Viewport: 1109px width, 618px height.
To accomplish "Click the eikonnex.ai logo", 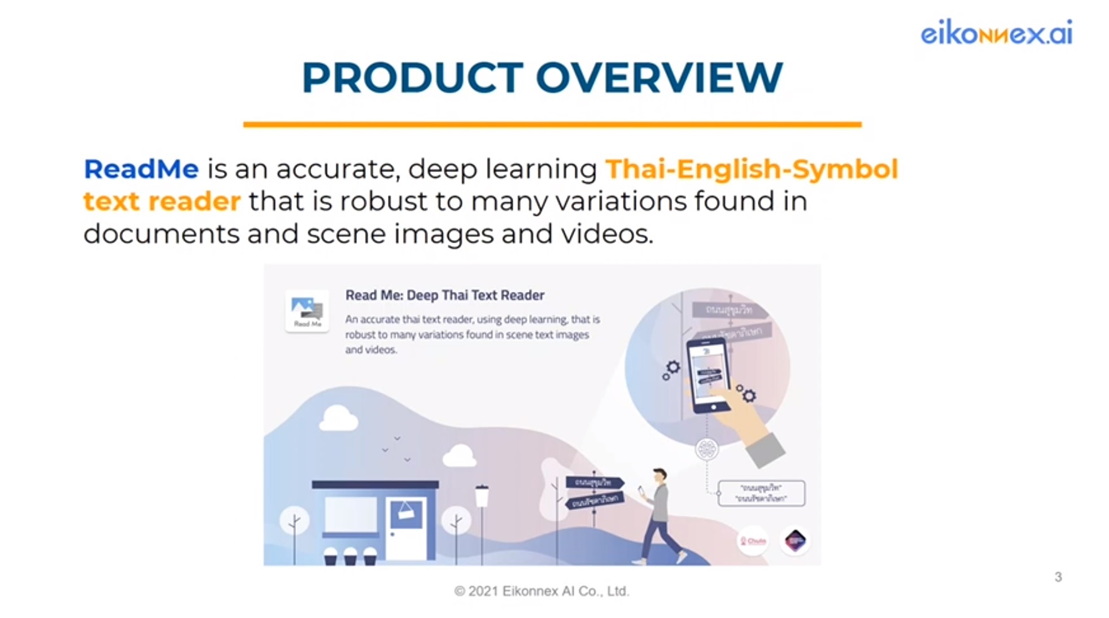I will [996, 33].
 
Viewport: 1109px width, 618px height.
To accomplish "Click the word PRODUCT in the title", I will [413, 78].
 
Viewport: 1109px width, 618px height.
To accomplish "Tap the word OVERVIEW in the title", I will [659, 78].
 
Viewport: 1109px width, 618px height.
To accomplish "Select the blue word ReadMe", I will [141, 169].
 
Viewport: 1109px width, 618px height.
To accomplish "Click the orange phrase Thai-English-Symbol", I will [751, 169].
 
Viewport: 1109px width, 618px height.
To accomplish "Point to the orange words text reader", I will [162, 202].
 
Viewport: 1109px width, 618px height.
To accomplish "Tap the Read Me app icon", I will [307, 311].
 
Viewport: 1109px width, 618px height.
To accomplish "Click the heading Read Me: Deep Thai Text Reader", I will [444, 295].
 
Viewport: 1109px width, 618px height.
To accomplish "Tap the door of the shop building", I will [407, 528].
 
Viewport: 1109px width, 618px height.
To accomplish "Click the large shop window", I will [351, 515].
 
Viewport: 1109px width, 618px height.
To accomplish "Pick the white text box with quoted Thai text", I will [761, 493].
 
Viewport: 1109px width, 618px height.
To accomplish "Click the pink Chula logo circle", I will [753, 541].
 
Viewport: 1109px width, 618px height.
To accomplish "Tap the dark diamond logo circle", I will [795, 541].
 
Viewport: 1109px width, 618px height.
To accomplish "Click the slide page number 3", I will [1058, 577].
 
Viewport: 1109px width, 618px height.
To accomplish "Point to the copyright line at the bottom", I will [542, 591].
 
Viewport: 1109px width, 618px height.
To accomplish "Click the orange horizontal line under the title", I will [552, 124].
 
